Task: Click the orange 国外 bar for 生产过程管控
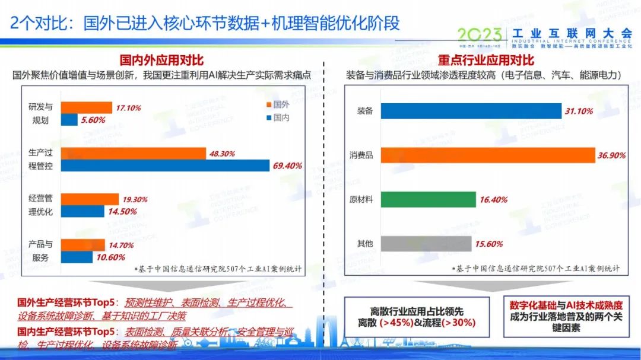click(x=133, y=154)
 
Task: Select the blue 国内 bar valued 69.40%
click(x=164, y=166)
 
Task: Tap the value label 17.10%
click(x=128, y=107)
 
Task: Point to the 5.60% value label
click(x=93, y=120)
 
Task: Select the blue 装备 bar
click(x=471, y=111)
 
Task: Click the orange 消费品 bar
click(x=487, y=155)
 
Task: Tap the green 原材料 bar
click(x=428, y=200)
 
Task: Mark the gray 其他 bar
click(x=426, y=244)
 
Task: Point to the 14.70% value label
click(x=122, y=244)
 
